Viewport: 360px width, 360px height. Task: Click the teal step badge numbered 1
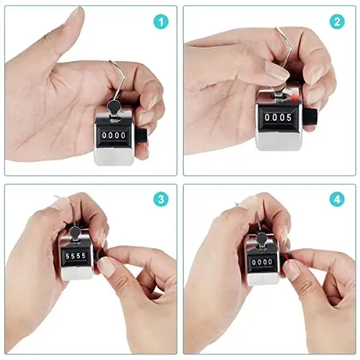tap(161, 22)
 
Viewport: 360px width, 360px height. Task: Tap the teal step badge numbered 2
tap(337, 22)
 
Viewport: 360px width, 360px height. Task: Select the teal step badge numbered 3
tap(161, 199)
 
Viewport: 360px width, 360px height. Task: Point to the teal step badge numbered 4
tap(337, 199)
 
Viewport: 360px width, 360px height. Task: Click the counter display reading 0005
tap(278, 117)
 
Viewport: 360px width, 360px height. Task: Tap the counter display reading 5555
tap(76, 256)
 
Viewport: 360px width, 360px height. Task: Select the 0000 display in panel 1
tap(114, 135)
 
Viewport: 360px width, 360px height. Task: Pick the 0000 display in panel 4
tap(262, 262)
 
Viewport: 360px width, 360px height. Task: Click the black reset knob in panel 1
tap(142, 136)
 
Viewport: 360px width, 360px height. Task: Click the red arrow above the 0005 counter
tap(293, 97)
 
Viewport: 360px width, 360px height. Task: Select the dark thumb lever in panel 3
tap(76, 233)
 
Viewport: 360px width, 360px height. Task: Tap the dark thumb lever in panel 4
tap(262, 240)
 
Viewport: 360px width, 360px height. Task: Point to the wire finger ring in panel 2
tap(287, 48)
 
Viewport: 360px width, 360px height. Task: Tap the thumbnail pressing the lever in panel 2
tap(276, 70)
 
